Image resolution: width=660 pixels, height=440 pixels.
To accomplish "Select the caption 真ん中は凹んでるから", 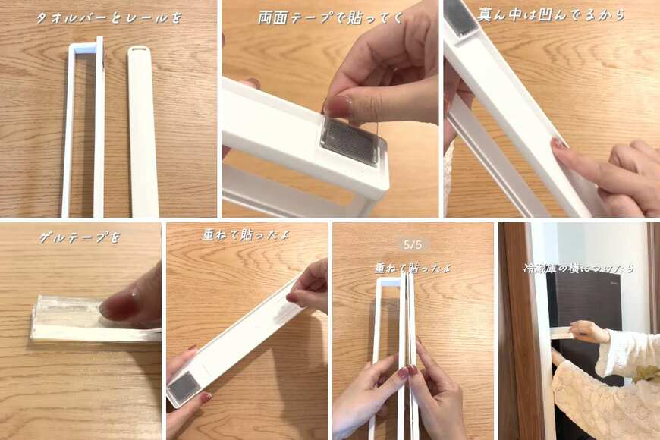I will pyautogui.click(x=551, y=14).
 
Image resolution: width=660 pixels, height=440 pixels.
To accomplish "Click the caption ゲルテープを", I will pyautogui.click(x=80, y=237).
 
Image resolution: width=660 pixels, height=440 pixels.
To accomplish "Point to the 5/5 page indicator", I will pyautogui.click(x=413, y=244).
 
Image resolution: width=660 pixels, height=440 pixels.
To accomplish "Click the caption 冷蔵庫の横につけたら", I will pyautogui.click(x=579, y=268).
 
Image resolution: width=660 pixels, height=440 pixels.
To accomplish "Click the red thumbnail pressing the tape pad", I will pyautogui.click(x=337, y=106).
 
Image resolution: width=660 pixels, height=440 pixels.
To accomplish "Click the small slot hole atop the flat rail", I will pyautogui.click(x=137, y=50).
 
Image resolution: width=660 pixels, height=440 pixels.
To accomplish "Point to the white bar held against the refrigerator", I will pyautogui.click(x=561, y=332).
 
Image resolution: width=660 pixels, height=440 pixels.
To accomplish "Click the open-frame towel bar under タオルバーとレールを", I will pyautogui.click(x=83, y=129).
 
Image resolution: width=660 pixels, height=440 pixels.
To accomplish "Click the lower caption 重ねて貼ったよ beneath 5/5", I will pyautogui.click(x=413, y=268).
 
